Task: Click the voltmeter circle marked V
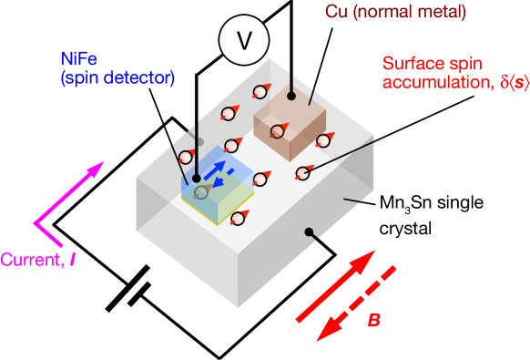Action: (x=241, y=41)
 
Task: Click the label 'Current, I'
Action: (x=37, y=261)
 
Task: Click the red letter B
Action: (x=373, y=320)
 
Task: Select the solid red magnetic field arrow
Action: (x=336, y=286)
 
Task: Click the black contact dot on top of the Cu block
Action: (x=291, y=95)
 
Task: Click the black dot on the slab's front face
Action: (x=310, y=231)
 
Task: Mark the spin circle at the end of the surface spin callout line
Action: (x=302, y=172)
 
